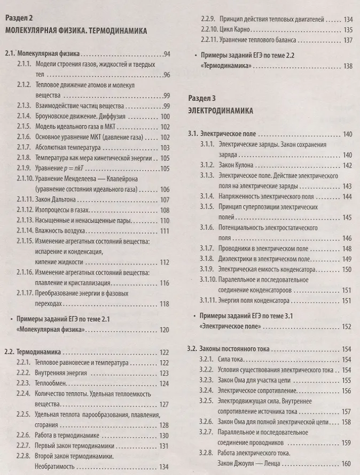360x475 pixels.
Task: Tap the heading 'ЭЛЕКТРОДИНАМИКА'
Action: pos(221,110)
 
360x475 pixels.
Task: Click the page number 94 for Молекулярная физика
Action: pos(166,54)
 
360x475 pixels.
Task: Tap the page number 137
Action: pos(348,40)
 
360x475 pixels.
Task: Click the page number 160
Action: pos(346,463)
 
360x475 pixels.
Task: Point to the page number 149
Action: pos(347,259)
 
